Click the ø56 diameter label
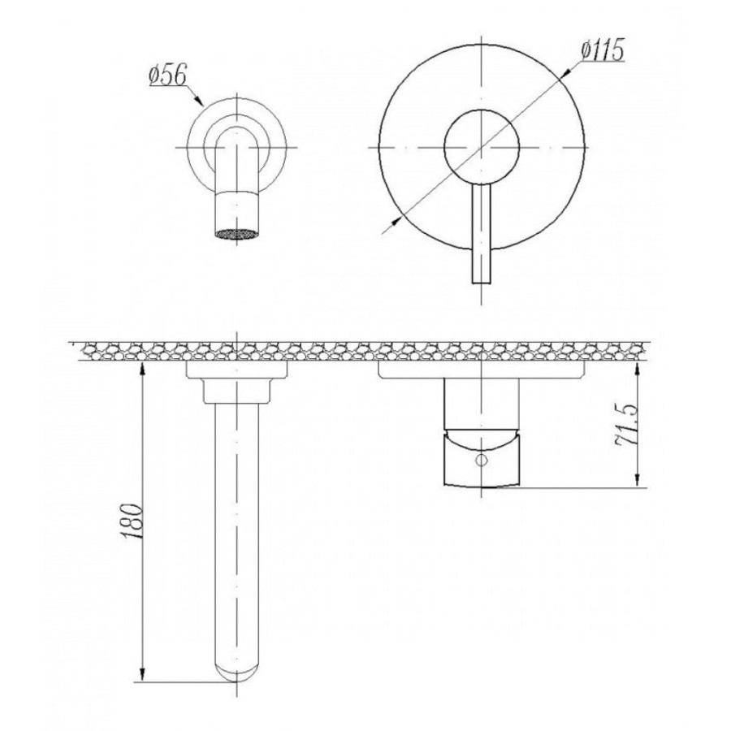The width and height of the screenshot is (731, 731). (168, 76)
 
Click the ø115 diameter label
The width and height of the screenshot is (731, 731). (602, 50)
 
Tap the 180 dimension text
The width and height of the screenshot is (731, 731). (132, 521)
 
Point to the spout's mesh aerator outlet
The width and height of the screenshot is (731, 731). (237, 234)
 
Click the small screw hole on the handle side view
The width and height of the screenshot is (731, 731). (481, 461)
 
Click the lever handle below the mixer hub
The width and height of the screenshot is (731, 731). (482, 234)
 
